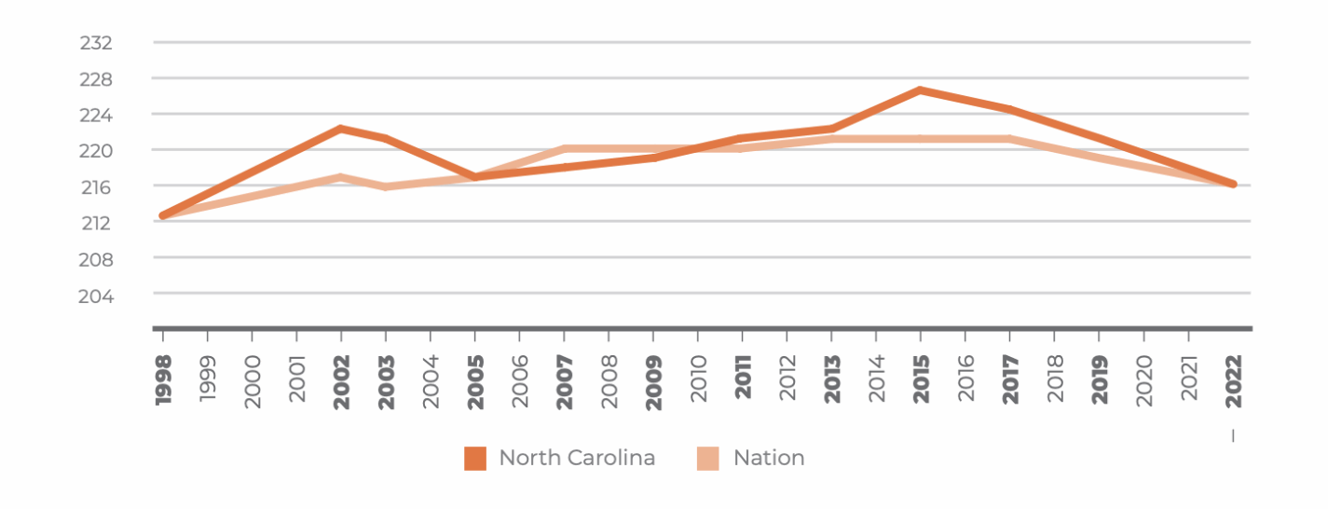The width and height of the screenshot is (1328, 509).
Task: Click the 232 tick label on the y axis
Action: [96, 43]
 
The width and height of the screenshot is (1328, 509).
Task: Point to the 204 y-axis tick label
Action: [96, 296]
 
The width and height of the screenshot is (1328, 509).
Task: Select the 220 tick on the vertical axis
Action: [96, 151]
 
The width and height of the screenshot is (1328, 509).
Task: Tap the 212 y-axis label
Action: [96, 223]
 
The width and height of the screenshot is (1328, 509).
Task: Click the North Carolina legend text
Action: [577, 458]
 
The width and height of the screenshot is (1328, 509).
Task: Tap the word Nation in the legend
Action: [769, 458]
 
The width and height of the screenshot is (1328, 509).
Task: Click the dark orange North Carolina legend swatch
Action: [475, 459]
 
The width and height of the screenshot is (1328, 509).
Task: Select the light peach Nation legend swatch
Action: [708, 459]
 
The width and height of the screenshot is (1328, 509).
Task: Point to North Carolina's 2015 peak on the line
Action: [921, 90]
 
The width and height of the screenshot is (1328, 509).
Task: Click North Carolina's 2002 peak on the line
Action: [341, 129]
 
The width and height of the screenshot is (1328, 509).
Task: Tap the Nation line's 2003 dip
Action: [386, 186]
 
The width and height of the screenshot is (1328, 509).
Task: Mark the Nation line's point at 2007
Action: [565, 148]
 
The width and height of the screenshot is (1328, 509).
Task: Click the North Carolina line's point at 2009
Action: [653, 158]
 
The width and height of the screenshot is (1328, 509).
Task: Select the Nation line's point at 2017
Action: [1009, 139]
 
